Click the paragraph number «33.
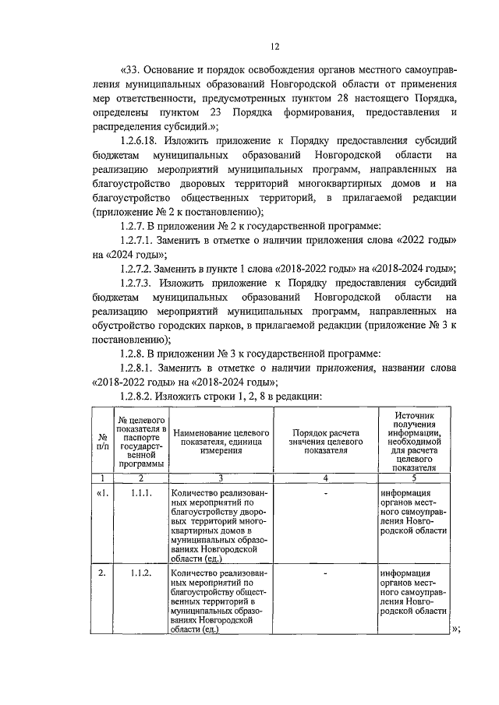pyautogui.click(x=134, y=68)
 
